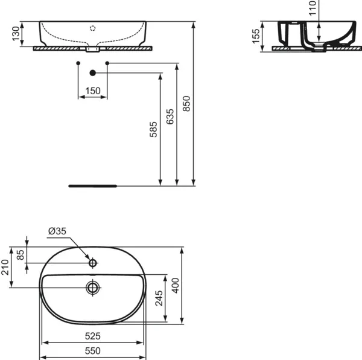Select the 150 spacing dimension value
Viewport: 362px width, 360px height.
pyautogui.click(x=93, y=91)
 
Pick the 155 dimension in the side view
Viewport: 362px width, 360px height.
pyautogui.click(x=256, y=37)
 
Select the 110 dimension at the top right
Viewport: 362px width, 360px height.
pyautogui.click(x=312, y=7)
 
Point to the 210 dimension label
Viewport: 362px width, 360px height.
pyautogui.click(x=7, y=267)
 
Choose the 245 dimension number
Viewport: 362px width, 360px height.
pyautogui.click(x=159, y=298)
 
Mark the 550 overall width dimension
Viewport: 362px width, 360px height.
pyautogui.click(x=92, y=350)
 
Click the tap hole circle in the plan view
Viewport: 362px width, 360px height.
pyautogui.click(x=92, y=263)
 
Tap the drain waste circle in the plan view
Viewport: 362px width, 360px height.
pyautogui.click(x=92, y=288)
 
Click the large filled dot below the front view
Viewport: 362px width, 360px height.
pyautogui.click(x=92, y=73)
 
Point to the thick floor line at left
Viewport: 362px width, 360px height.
pyautogui.click(x=93, y=186)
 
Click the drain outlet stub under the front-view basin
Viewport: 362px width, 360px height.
pyautogui.click(x=92, y=51)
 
